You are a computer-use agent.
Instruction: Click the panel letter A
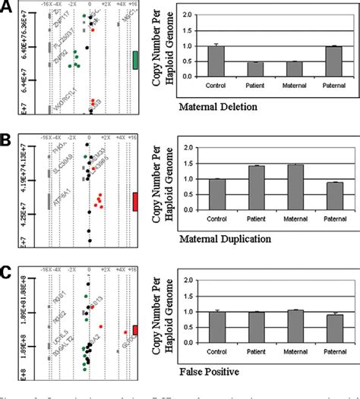[6, 7]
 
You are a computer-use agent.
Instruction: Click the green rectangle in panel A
[134, 61]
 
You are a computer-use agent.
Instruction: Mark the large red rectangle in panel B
[134, 202]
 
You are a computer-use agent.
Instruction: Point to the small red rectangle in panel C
[135, 329]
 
